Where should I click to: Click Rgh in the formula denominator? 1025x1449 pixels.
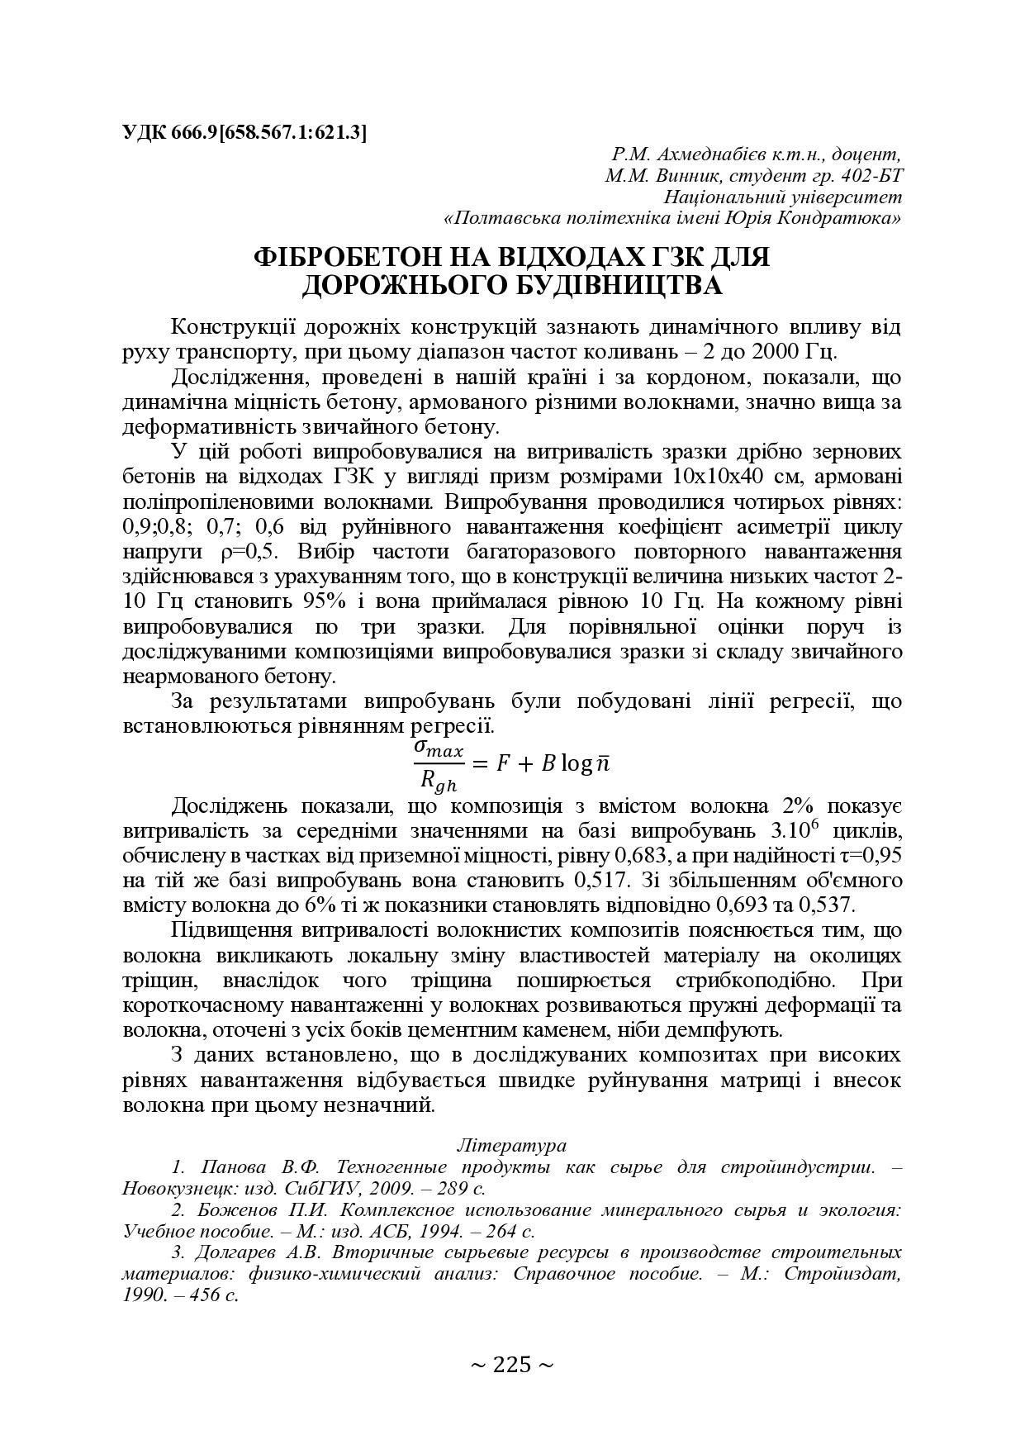click(x=438, y=778)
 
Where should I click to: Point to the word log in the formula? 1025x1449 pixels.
click(x=576, y=763)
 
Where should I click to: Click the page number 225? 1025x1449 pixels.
click(x=511, y=1364)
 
